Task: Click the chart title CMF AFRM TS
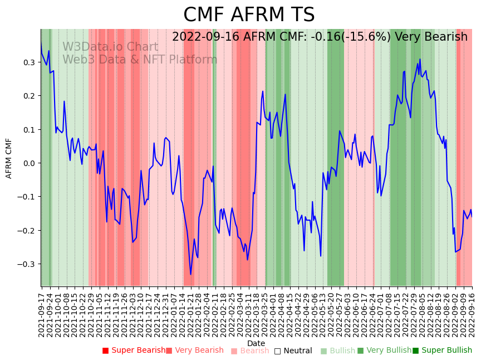(x=249, y=15)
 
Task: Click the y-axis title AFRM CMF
(x=9, y=158)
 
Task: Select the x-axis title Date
(x=256, y=343)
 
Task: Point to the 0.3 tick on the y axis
(x=29, y=62)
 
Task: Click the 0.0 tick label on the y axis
(x=29, y=163)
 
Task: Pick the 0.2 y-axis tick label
(x=29, y=96)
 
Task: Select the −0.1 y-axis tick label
(x=27, y=197)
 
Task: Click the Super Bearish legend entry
(x=134, y=351)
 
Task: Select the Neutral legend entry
(x=293, y=351)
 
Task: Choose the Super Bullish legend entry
(x=442, y=351)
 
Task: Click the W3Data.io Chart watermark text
(x=110, y=47)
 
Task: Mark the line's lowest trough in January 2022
(x=190, y=274)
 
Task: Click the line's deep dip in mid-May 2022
(x=321, y=256)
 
